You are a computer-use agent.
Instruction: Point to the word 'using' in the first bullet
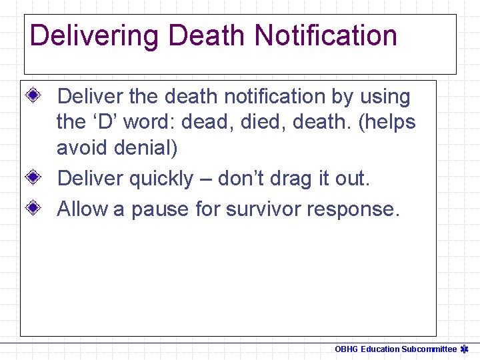[x=385, y=97]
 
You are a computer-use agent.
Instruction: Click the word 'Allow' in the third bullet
[x=83, y=209]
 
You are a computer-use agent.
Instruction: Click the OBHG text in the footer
[x=346, y=349]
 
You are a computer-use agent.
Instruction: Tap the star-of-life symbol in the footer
[x=465, y=349]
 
